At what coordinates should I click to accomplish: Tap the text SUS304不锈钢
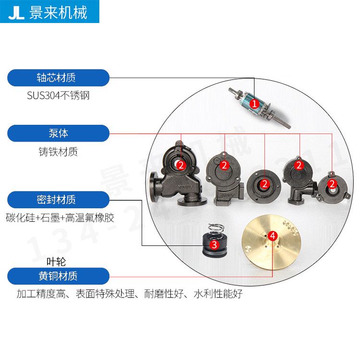[x=58, y=96]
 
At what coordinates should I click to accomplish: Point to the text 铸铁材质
[x=58, y=152]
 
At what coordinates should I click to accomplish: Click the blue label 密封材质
[x=56, y=199]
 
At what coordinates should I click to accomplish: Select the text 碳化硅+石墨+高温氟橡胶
[x=60, y=217]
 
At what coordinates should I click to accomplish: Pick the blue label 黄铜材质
[x=58, y=276]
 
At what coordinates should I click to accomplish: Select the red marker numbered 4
[x=273, y=236]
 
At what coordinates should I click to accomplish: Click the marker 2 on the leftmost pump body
[x=181, y=165]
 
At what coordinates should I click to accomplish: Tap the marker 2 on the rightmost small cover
[x=331, y=184]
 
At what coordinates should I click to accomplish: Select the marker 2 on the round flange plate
[x=264, y=184]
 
